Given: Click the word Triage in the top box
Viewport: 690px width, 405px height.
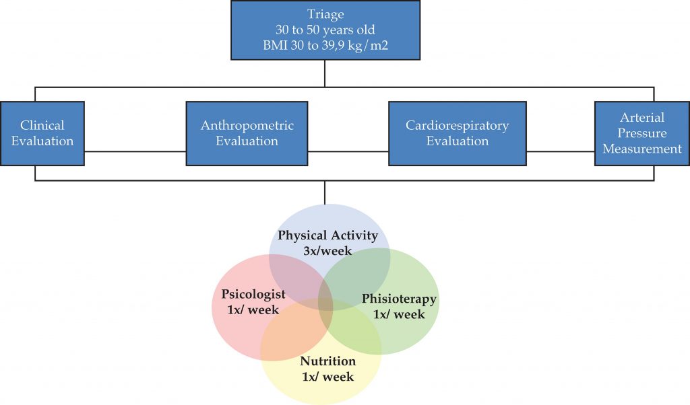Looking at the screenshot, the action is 325,15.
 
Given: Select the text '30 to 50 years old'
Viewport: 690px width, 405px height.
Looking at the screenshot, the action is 325,30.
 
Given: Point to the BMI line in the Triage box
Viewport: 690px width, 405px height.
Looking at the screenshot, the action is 325,45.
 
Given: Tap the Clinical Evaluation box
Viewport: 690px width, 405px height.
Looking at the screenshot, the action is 42,133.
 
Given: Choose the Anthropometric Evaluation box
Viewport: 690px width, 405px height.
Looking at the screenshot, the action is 247,133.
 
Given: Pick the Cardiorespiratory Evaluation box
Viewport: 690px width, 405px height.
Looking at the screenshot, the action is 458,133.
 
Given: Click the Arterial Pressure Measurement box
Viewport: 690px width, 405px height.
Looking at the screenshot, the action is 642,133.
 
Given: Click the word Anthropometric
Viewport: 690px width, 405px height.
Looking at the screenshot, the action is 247,126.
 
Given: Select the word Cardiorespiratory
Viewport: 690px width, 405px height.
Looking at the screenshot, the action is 458,126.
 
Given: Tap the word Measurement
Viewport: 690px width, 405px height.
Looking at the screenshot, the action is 642,149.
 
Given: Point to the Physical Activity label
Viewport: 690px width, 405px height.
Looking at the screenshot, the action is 327,235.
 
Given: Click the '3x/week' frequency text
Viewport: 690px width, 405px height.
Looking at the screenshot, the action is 327,251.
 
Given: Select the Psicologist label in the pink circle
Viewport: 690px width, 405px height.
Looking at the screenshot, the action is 253,294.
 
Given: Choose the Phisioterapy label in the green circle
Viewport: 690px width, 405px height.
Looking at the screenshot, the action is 399,299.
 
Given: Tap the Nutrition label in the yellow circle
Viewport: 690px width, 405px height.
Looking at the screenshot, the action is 328,361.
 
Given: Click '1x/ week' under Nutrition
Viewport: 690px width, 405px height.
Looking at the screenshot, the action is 328,377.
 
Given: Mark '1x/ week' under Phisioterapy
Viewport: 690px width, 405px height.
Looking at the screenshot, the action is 399,314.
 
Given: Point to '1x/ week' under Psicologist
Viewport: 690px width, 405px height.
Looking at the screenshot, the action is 253,309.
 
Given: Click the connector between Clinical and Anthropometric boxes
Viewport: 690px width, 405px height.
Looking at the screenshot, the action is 135,151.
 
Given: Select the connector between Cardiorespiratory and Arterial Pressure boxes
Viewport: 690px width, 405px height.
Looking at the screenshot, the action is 561,151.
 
